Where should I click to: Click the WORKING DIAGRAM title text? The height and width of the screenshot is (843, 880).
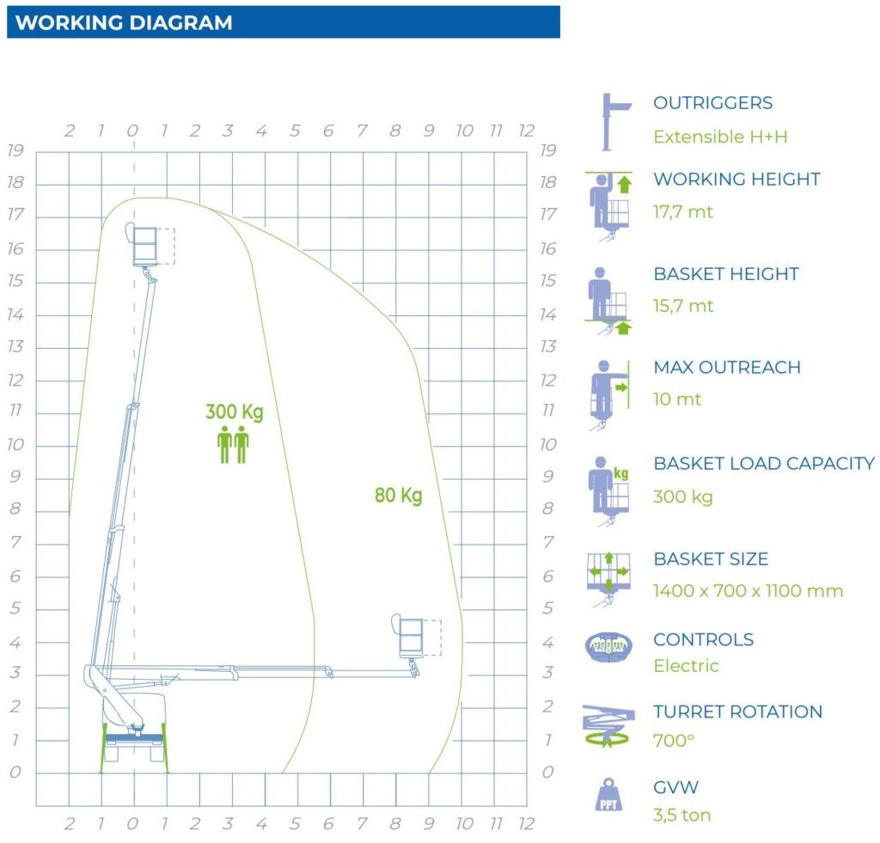(124, 23)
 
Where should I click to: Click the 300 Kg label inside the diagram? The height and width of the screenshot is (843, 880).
(234, 412)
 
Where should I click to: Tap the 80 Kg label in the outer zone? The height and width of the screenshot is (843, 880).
(398, 495)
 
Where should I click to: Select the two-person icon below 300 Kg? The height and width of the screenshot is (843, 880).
(233, 445)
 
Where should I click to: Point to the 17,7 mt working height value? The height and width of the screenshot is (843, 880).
(683, 211)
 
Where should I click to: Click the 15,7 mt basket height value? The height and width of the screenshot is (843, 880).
(683, 306)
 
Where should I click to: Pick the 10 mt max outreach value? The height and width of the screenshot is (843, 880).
(677, 399)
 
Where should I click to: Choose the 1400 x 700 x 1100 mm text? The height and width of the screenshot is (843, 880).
(748, 591)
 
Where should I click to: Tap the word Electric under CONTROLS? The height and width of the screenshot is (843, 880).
(686, 666)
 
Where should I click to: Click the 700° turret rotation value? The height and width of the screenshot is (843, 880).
(673, 740)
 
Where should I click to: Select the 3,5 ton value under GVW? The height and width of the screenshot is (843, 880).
(681, 815)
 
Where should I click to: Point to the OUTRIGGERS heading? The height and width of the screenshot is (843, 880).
(712, 103)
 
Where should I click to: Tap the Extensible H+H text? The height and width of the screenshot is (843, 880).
(720, 137)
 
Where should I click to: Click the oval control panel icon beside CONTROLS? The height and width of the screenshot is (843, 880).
(608, 646)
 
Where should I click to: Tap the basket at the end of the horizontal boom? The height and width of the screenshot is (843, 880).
(411, 636)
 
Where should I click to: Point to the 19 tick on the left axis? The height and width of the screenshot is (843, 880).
(15, 150)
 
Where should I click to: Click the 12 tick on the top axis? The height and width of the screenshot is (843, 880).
(526, 131)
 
